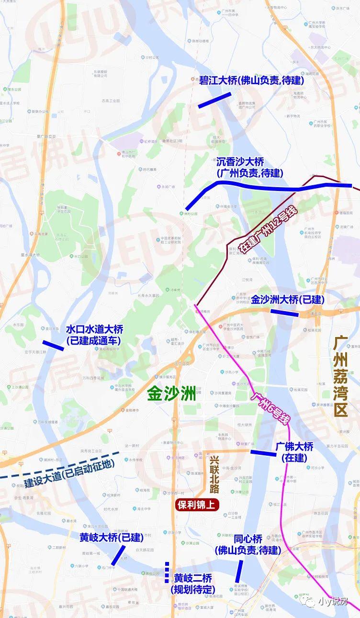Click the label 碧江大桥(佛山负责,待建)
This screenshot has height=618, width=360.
(x=251, y=80)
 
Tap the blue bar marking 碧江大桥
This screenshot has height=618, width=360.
(x=214, y=100)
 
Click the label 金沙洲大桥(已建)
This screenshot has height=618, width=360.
(x=288, y=300)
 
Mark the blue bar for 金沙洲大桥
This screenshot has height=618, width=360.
(x=284, y=313)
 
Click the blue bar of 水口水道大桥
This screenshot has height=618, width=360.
(x=53, y=346)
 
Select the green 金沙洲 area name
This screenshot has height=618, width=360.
(x=172, y=393)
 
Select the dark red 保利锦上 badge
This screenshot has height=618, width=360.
(x=198, y=504)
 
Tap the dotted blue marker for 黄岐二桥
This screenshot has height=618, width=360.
(x=167, y=572)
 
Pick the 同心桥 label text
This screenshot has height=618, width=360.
(x=247, y=545)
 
